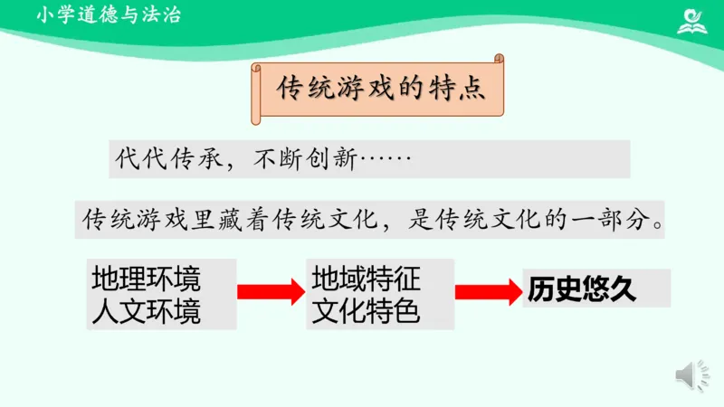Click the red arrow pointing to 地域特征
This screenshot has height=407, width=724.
click(x=270, y=291)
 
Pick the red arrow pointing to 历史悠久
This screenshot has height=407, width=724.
click(x=487, y=291)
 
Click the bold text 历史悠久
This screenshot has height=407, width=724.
click(x=583, y=289)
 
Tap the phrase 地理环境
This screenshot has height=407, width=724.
click(x=147, y=278)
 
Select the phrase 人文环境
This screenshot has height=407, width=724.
click(x=147, y=312)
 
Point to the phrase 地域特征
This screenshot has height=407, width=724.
click(x=367, y=277)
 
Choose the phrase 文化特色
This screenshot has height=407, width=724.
click(x=367, y=312)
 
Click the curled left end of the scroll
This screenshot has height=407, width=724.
click(x=258, y=90)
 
